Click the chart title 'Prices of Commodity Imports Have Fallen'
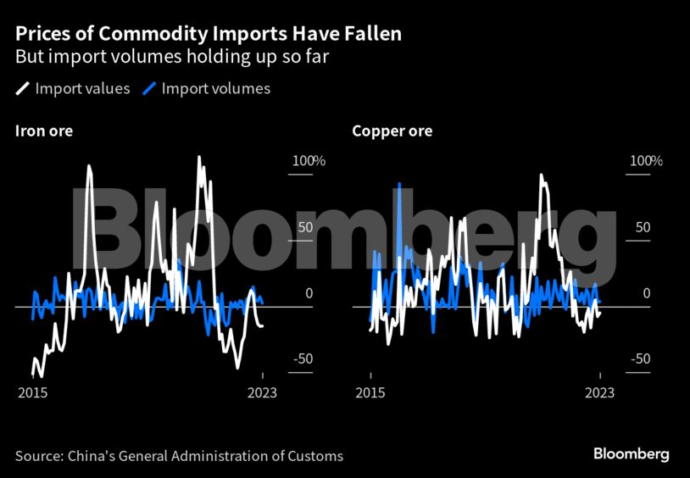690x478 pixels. pos(208,35)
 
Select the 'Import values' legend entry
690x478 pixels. pos(82,88)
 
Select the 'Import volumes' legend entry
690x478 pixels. pos(215,88)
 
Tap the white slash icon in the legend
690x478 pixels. pos(23,88)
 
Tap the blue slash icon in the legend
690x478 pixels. pos(149,88)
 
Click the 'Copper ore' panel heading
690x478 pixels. pos(392,131)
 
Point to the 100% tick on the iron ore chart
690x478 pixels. pos(309,161)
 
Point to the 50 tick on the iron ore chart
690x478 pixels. pos(303,227)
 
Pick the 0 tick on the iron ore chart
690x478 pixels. pos(309,293)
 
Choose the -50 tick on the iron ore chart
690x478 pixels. pos(303,358)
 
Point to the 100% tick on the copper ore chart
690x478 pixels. pos(646,161)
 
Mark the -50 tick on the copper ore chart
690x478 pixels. pos(640,358)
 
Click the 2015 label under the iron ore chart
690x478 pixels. pos(32,393)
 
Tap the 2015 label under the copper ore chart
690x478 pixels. pos(370,393)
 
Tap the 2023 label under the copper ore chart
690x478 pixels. pos(599,393)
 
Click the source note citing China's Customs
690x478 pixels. pos(179,456)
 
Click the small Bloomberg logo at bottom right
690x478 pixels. pos(631,454)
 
